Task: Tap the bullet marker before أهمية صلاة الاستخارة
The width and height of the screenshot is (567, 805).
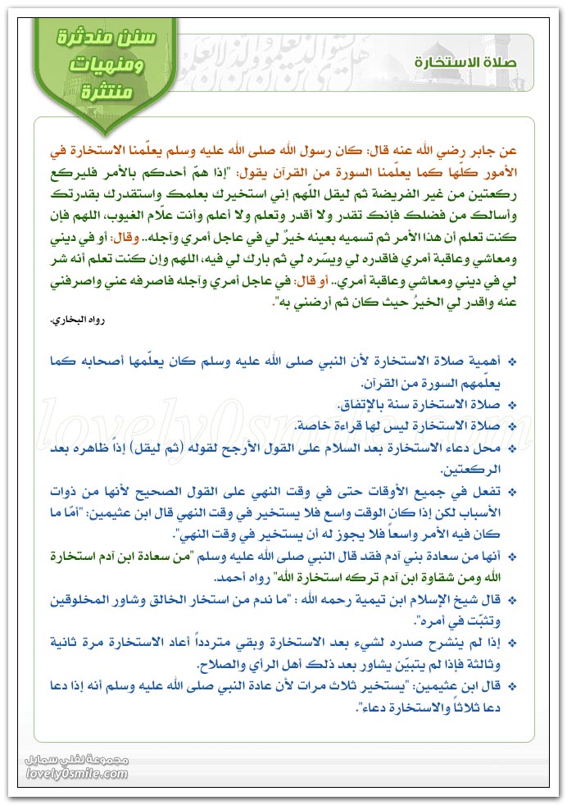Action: pos(513,362)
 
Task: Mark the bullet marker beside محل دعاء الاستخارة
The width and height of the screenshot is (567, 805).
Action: pos(513,449)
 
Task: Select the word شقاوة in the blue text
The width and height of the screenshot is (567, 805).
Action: pos(445,576)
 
